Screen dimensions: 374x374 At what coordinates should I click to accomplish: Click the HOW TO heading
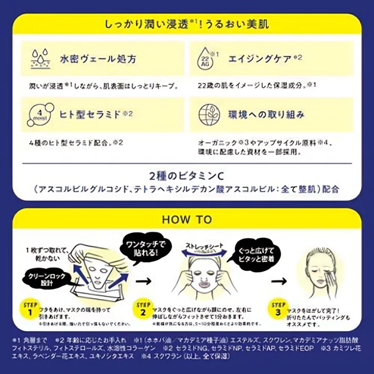(187, 220)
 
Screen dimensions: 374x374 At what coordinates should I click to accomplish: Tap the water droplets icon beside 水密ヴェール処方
(40, 58)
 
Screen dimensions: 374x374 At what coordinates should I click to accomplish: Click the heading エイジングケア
(260, 58)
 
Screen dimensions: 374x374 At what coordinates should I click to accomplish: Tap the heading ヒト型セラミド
(90, 114)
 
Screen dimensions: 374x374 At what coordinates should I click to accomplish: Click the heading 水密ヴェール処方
(98, 58)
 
